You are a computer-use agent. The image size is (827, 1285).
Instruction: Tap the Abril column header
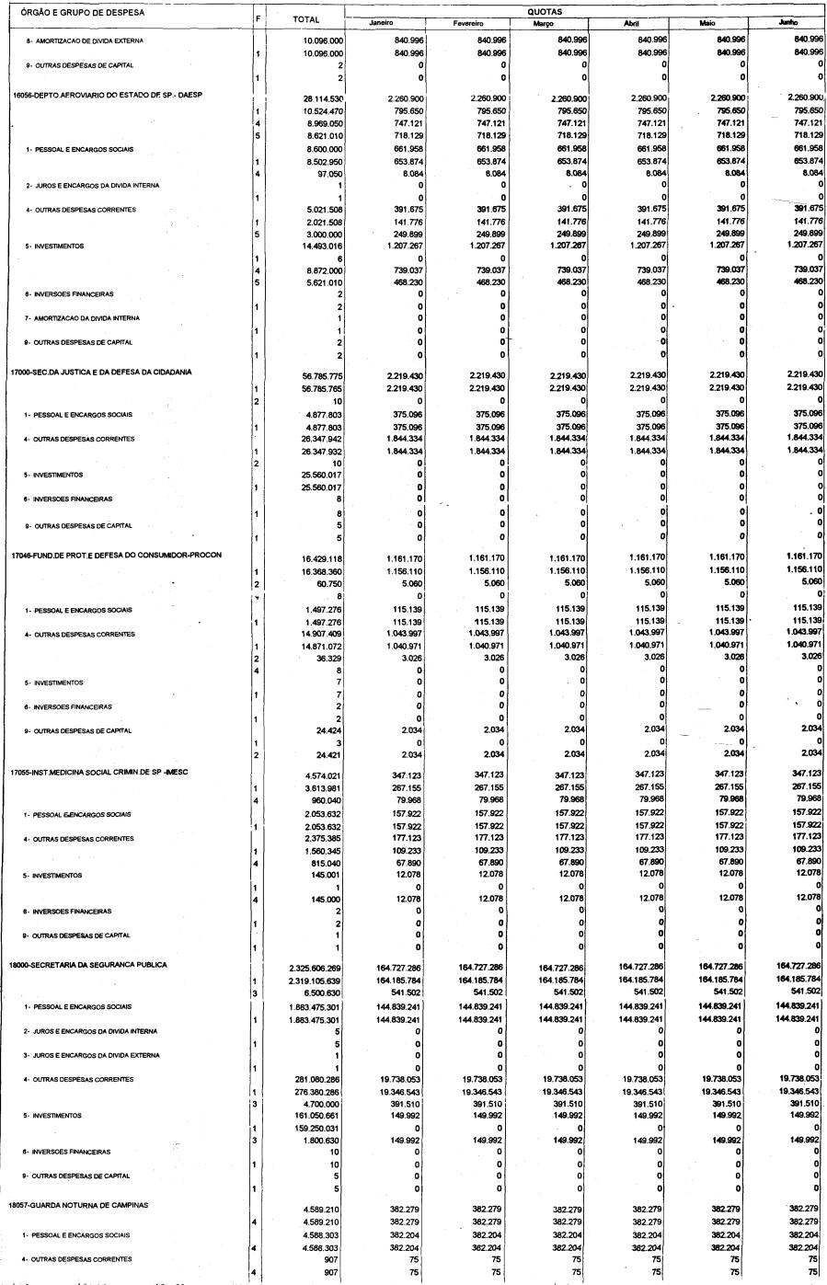tap(630, 22)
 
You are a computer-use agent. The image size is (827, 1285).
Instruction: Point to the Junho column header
tap(787, 21)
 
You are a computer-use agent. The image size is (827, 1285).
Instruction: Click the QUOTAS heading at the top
tap(545, 12)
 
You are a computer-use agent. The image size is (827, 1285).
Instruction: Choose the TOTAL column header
tap(304, 17)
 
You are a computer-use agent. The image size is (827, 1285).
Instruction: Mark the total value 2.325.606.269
tap(308, 968)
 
